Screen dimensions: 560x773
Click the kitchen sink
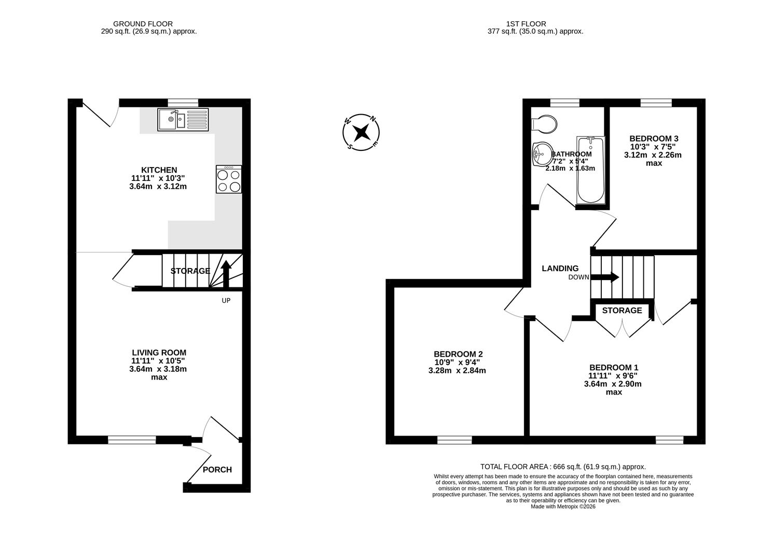(x=183, y=120)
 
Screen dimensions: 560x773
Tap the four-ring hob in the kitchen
(x=229, y=179)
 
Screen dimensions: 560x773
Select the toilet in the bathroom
(x=544, y=124)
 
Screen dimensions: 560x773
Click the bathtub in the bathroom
(x=590, y=171)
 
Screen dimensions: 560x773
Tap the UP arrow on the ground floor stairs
(x=226, y=273)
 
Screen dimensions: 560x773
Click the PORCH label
(x=217, y=470)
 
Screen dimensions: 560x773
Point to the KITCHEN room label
(x=159, y=170)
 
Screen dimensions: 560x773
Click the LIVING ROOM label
(x=159, y=353)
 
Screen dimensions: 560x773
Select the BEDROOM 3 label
(x=654, y=138)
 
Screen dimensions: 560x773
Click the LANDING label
(x=560, y=269)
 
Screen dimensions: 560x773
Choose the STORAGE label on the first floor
(x=622, y=311)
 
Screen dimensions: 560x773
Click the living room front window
(x=132, y=440)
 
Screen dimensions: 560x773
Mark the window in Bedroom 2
(x=454, y=440)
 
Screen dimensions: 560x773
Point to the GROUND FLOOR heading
(x=143, y=24)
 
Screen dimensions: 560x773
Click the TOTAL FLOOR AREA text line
(x=563, y=467)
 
